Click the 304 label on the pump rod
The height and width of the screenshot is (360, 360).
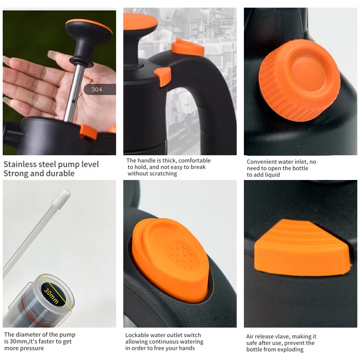97,90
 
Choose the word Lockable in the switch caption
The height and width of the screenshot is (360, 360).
138,335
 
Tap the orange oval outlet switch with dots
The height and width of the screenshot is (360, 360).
171,258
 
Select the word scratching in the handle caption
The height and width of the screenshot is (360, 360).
162,174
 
